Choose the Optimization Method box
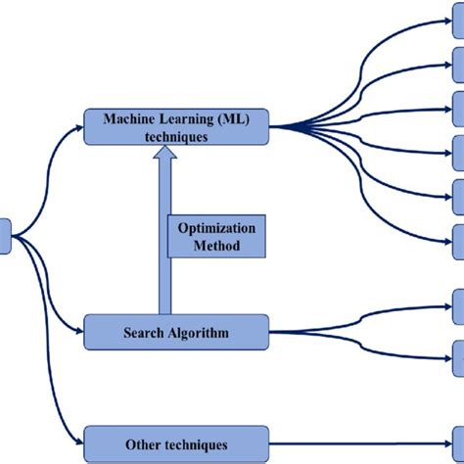(x=216, y=237)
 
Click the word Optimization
(x=216, y=228)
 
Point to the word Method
(x=216, y=247)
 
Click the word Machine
(x=131, y=119)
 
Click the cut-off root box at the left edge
(x=5, y=236)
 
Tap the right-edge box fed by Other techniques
(x=458, y=444)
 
